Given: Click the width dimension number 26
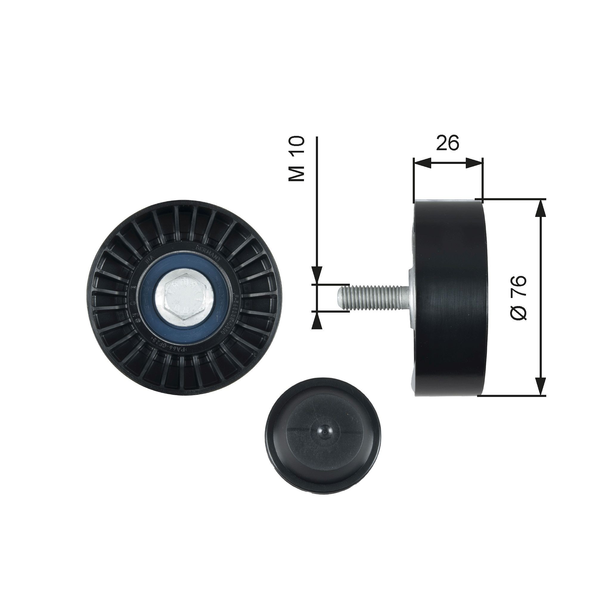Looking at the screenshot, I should [448, 142].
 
